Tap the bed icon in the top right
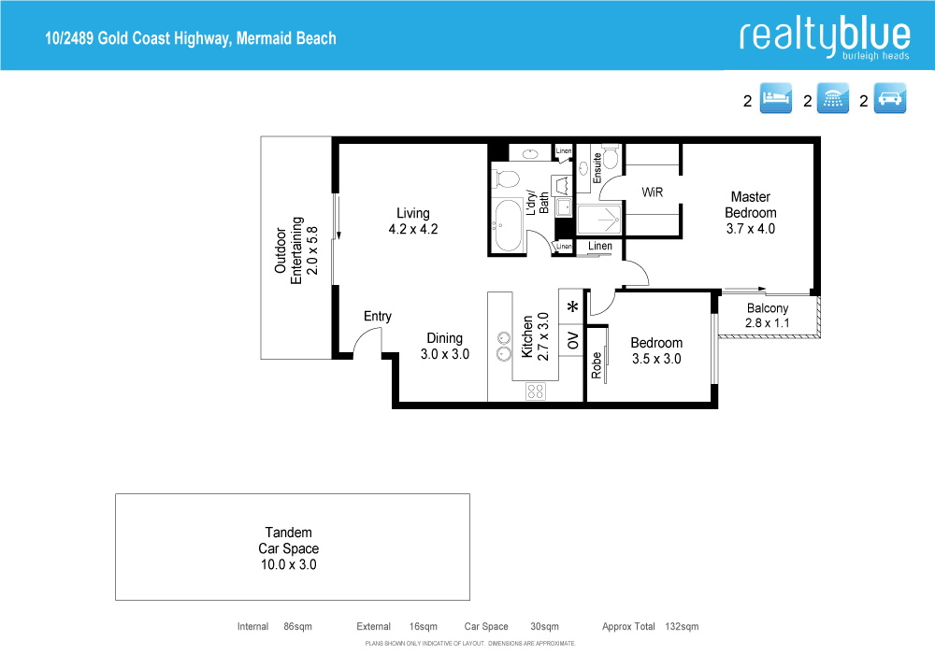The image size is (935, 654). point(776,100)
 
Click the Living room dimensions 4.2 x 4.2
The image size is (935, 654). point(412,229)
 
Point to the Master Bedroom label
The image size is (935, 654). point(750,205)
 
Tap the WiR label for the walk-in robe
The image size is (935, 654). point(652,192)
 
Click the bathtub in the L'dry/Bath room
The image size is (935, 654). point(510,226)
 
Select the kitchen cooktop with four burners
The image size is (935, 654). point(536,391)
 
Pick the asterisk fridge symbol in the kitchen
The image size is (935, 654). point(572,306)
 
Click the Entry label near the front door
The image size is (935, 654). point(378,317)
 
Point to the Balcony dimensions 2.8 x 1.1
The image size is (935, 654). point(767,323)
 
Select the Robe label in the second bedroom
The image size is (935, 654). point(596,364)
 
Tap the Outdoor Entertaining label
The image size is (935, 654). point(296,247)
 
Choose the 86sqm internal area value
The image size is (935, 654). point(296,627)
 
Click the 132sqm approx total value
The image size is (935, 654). point(682,627)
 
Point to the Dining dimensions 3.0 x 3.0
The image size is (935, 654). point(444,354)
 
